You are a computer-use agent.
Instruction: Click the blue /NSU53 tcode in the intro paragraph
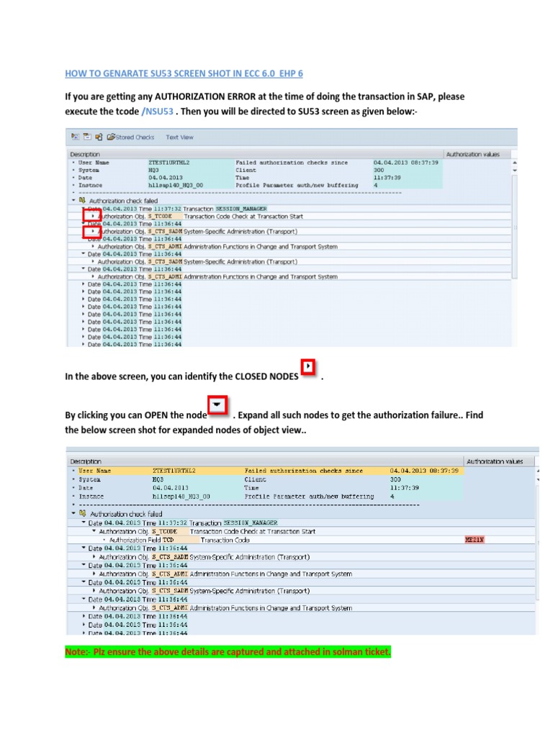(159, 110)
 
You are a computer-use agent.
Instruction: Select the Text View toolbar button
(179, 137)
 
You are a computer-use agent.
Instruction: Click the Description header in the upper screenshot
(84, 154)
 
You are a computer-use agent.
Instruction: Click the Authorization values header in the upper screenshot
(472, 154)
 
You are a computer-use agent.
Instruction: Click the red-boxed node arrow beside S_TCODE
(91, 216)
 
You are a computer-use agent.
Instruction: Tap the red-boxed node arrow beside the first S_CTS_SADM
(91, 231)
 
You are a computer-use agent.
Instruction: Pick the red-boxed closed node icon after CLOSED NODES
(307, 368)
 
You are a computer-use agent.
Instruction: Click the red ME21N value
(475, 539)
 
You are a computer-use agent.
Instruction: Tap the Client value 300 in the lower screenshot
(395, 479)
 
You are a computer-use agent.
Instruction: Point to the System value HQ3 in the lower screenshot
(159, 479)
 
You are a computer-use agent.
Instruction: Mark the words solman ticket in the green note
(360, 652)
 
